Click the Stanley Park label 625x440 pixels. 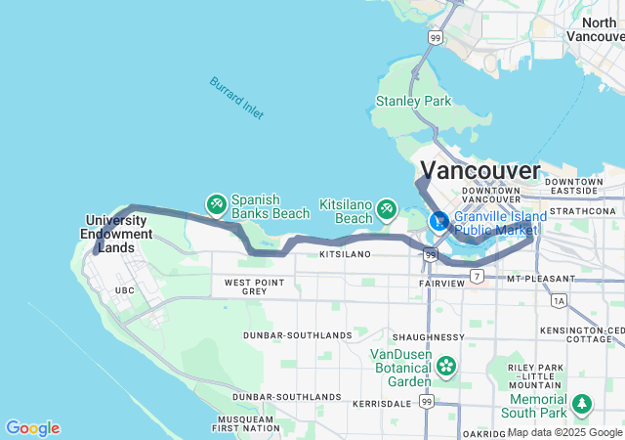click(x=415, y=101)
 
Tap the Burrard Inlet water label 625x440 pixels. click(x=235, y=98)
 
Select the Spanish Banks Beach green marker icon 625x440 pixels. click(x=216, y=204)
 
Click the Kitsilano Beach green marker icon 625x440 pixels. click(x=387, y=208)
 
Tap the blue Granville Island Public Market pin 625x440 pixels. click(x=439, y=222)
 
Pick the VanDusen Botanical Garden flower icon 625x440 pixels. click(x=446, y=367)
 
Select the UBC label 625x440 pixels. click(x=124, y=290)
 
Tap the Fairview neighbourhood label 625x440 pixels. click(x=442, y=283)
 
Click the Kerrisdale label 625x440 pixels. click(x=382, y=403)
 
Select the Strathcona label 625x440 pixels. click(x=582, y=210)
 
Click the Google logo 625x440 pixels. click(x=32, y=428)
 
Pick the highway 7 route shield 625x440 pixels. click(x=476, y=277)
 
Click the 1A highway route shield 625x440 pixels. click(x=558, y=302)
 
